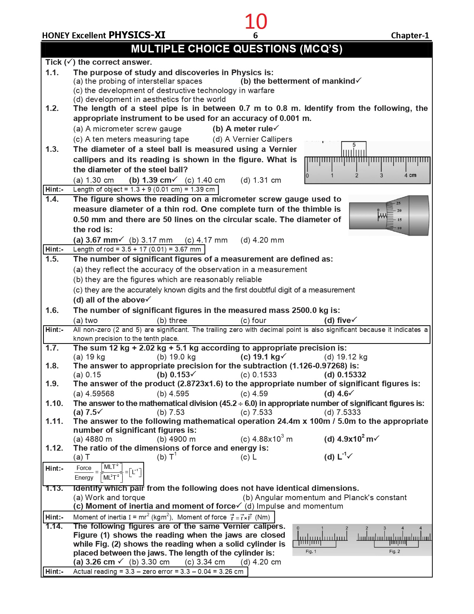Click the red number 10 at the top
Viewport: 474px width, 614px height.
[256, 22]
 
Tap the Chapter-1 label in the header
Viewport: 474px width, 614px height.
[410, 36]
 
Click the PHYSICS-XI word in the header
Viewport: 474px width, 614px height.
[137, 35]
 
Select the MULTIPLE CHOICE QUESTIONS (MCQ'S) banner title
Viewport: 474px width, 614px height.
[236, 49]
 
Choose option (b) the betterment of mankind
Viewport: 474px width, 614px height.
[300, 81]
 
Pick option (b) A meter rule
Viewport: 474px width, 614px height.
[245, 129]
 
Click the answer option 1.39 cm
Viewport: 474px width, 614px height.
[152, 180]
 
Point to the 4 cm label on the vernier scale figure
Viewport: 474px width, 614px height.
[410, 175]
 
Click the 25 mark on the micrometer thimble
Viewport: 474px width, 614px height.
[398, 203]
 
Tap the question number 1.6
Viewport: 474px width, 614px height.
[52, 310]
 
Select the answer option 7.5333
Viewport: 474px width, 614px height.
[342, 412]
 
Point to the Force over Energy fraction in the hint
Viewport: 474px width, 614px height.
[84, 473]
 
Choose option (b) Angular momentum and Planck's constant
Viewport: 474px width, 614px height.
[325, 498]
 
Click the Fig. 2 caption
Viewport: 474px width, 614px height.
[394, 551]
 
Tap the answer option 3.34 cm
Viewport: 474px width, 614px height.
[205, 562]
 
